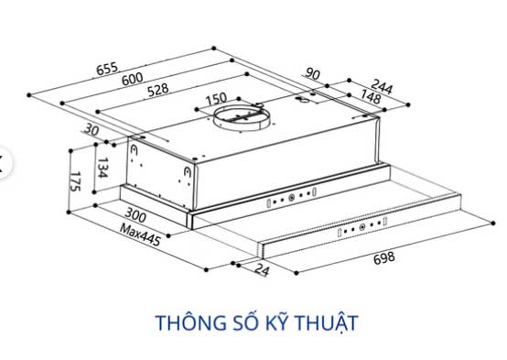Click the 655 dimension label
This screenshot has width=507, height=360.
click(x=107, y=69)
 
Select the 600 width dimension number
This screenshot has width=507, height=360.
click(x=133, y=79)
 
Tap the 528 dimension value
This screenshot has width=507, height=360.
click(x=158, y=90)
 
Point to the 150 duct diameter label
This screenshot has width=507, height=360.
click(x=217, y=99)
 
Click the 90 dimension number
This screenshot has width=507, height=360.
click(x=312, y=74)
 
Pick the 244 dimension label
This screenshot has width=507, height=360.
click(x=382, y=87)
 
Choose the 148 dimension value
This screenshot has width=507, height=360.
click(x=371, y=96)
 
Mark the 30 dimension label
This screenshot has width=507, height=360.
click(x=92, y=130)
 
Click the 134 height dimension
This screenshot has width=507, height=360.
click(x=102, y=168)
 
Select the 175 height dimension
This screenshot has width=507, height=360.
click(x=75, y=181)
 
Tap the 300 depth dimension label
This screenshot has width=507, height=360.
click(x=135, y=215)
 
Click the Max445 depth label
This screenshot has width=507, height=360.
click(x=140, y=235)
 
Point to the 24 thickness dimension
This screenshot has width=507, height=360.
click(x=262, y=269)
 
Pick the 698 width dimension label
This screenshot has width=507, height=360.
click(x=384, y=258)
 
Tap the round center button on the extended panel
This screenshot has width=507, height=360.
click(x=362, y=227)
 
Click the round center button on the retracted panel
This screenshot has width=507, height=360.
click(x=291, y=198)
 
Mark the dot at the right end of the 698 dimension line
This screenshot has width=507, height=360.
click(x=492, y=224)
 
